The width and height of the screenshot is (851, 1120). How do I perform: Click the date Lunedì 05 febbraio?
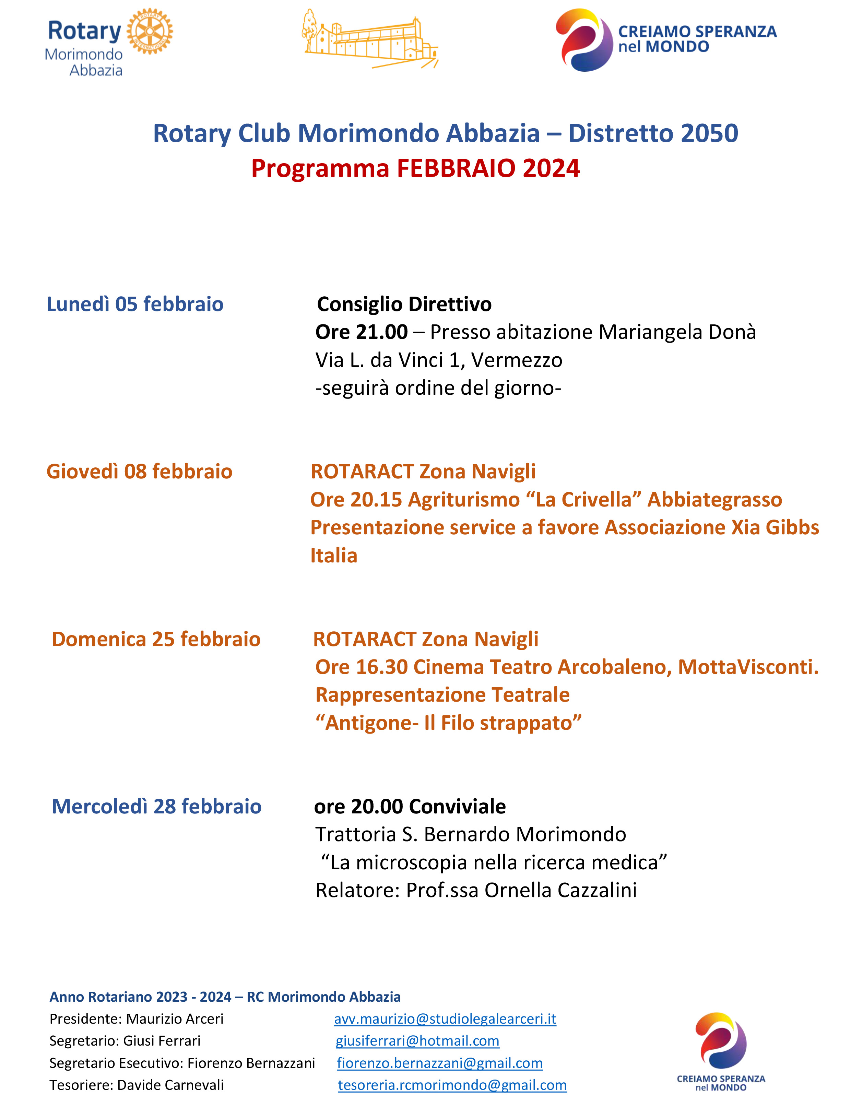click(135, 304)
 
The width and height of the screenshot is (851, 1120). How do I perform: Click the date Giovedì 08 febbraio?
click(139, 472)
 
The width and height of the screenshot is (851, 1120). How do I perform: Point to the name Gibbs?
click(792, 528)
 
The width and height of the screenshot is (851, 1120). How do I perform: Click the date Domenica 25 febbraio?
click(156, 640)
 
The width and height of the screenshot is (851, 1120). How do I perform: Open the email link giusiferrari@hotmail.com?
click(417, 1041)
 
